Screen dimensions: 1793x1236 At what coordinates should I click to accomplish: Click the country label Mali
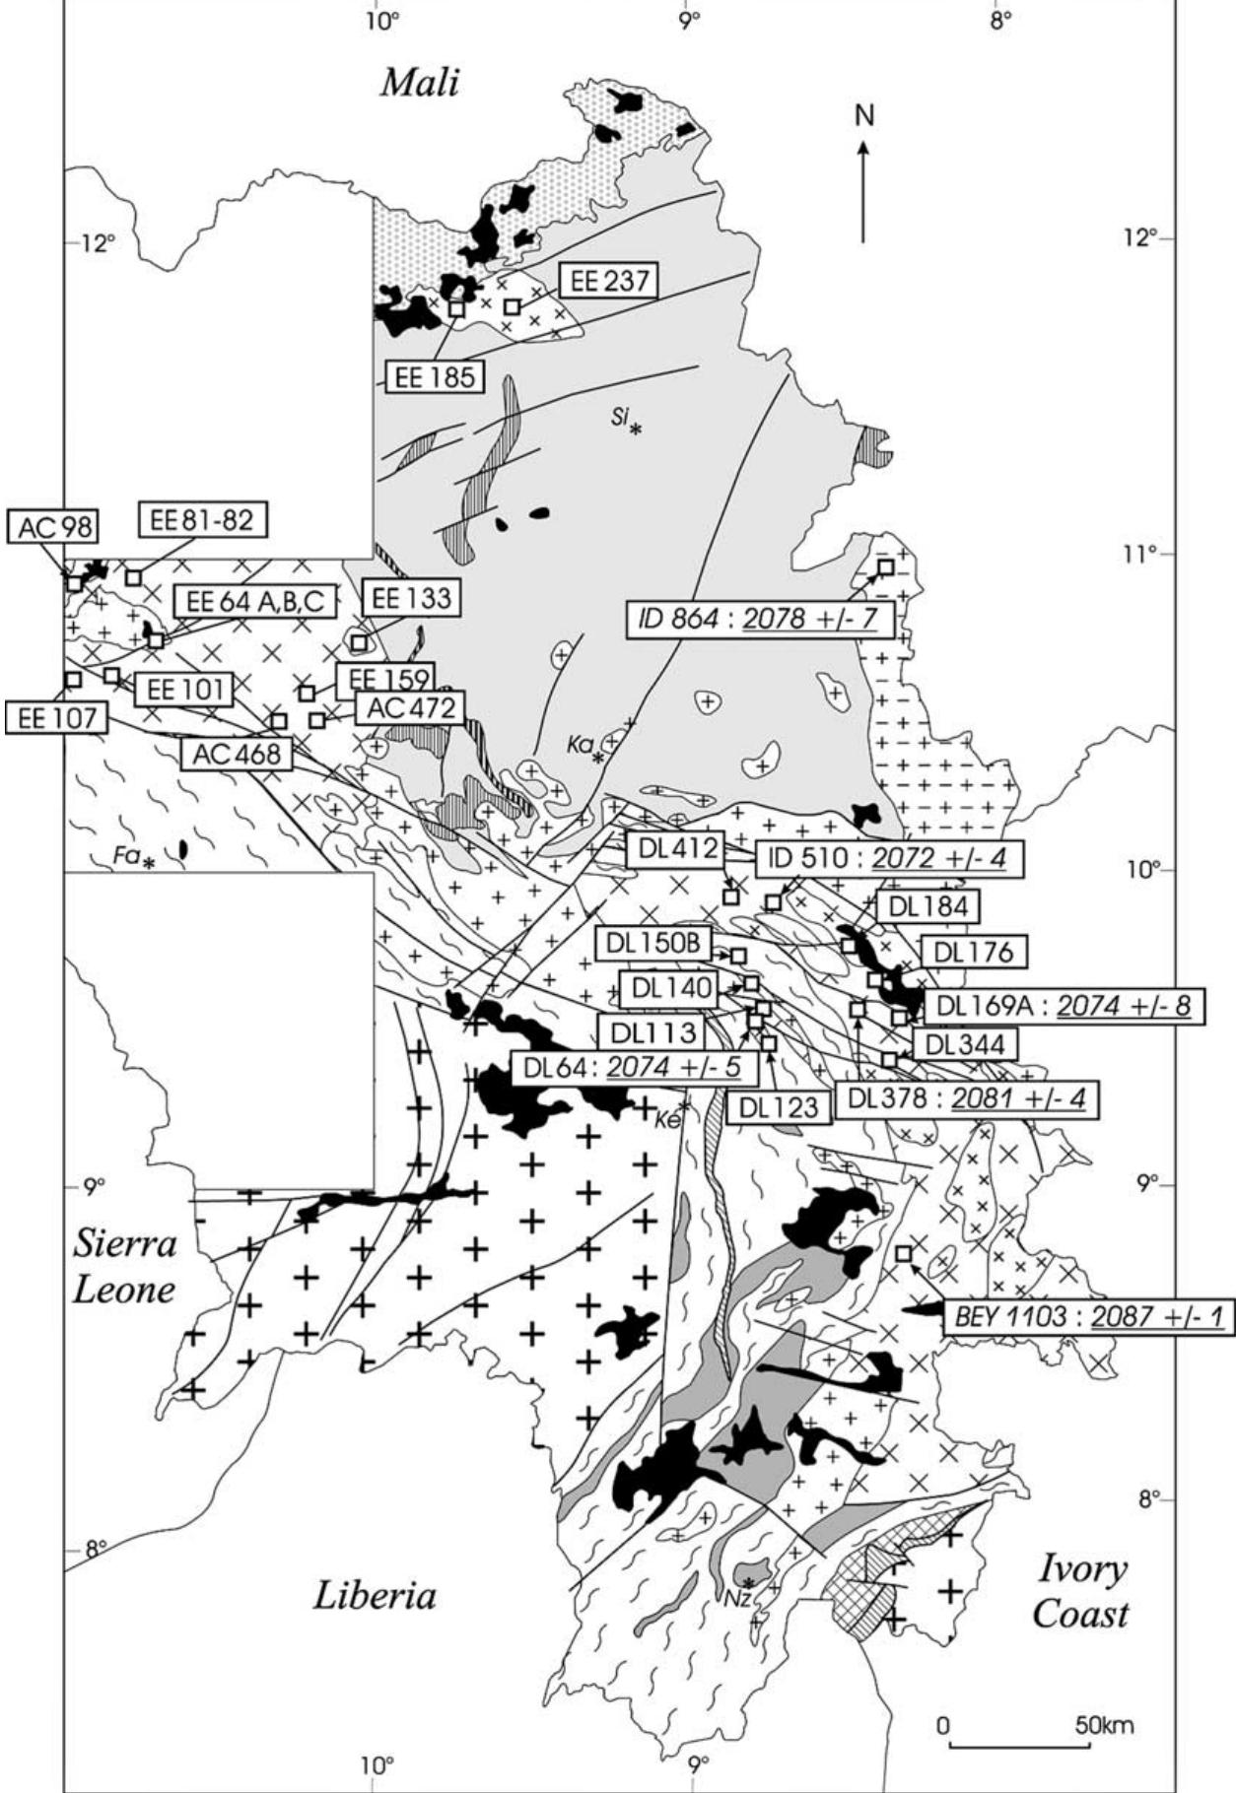(x=420, y=83)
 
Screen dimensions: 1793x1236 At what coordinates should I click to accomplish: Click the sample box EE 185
(x=435, y=375)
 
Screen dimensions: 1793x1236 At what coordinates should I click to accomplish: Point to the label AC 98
(x=54, y=527)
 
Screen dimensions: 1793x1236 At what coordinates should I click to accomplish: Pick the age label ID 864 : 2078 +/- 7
(x=761, y=621)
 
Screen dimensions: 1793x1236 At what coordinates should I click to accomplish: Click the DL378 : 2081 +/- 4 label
(x=966, y=1098)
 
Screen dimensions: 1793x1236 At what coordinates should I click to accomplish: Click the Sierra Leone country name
(x=124, y=1267)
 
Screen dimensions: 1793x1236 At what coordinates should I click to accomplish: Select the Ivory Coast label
(x=1079, y=1593)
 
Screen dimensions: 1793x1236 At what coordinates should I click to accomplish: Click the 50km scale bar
(x=1020, y=1746)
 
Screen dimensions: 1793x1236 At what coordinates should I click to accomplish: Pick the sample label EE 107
(x=54, y=717)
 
